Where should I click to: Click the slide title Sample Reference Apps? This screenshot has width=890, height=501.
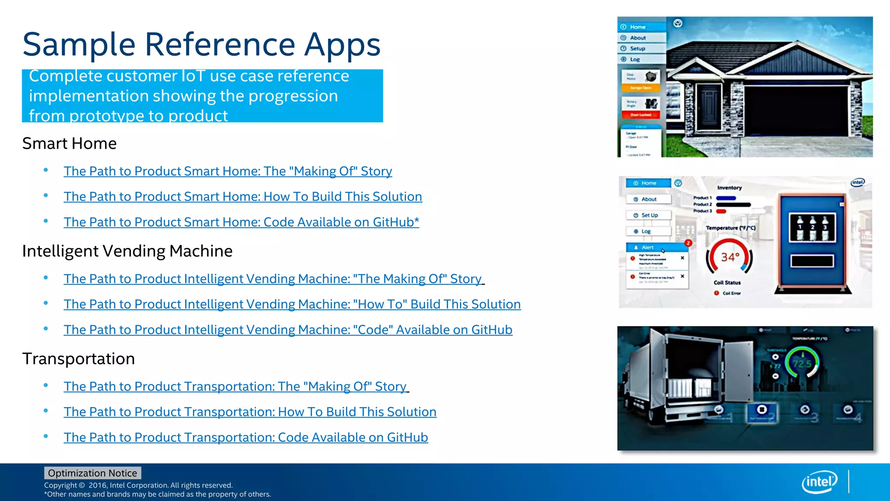click(x=201, y=45)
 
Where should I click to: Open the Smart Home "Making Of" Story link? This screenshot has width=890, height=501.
click(x=228, y=171)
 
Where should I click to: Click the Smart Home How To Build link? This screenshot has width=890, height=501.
click(x=242, y=197)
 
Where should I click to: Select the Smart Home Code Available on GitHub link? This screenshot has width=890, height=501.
click(x=241, y=222)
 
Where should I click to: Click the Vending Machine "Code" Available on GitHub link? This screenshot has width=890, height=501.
click(x=288, y=330)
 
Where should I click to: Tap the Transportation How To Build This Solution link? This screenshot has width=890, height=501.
click(x=250, y=412)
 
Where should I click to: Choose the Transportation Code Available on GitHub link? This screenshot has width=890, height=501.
click(x=246, y=438)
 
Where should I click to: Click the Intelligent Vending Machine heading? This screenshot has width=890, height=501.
click(x=127, y=251)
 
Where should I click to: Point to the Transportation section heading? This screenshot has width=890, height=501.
click(x=79, y=359)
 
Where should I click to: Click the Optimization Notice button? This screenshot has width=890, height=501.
click(x=92, y=473)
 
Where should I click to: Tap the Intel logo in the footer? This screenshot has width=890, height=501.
click(x=819, y=482)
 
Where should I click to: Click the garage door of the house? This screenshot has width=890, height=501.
click(x=796, y=111)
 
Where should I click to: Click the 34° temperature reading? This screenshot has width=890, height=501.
click(x=730, y=257)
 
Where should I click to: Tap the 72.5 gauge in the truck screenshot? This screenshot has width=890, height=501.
click(x=802, y=364)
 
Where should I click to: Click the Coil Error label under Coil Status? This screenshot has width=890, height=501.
click(x=731, y=294)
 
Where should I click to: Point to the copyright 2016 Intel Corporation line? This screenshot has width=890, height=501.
click(x=138, y=485)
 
